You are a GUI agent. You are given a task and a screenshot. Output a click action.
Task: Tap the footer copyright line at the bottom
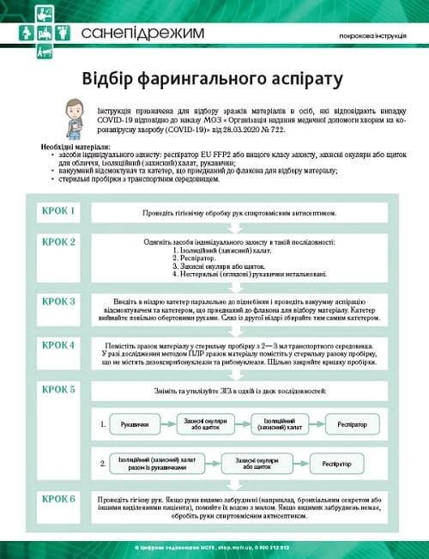(x=214, y=546)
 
